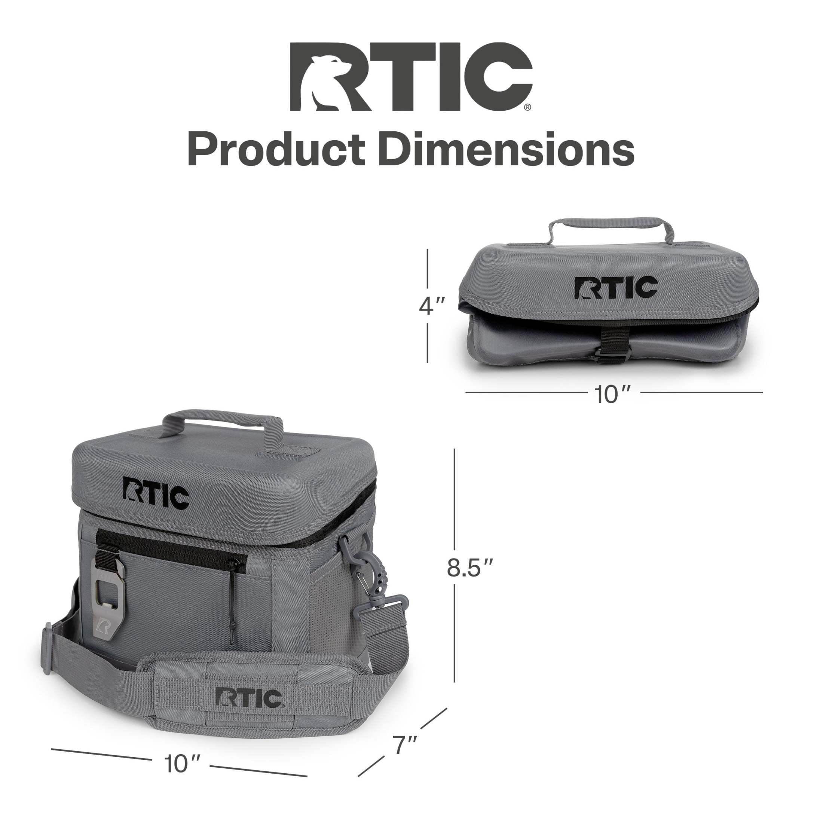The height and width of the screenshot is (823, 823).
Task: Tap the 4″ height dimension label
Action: point(432,306)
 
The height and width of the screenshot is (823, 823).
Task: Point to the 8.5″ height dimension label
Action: point(470,567)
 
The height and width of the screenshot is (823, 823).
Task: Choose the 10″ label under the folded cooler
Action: point(612,394)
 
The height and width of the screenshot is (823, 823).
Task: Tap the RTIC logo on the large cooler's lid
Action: point(156,495)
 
